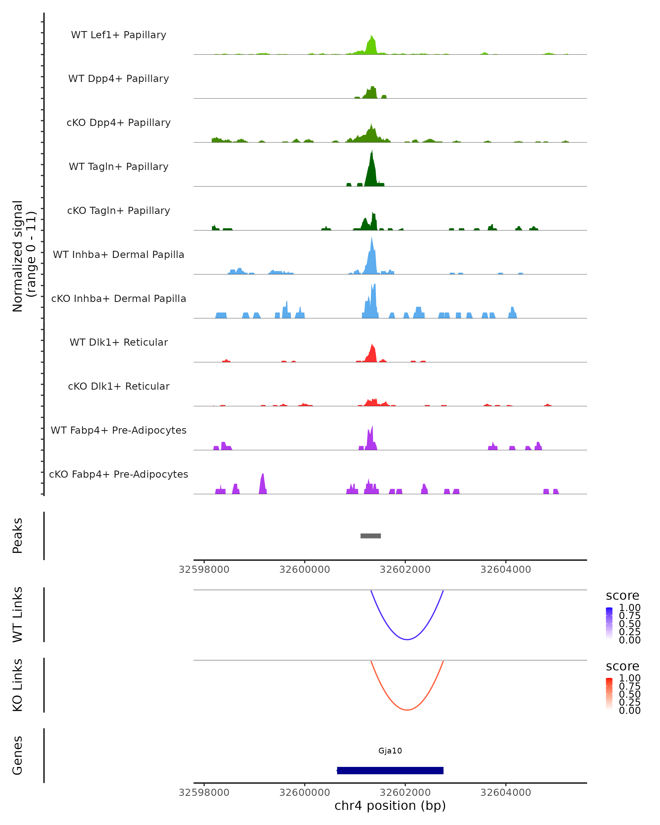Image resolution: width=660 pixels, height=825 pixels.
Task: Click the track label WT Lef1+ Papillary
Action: [x=119, y=35]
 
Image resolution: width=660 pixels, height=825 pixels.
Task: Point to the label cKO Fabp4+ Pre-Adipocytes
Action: [x=119, y=474]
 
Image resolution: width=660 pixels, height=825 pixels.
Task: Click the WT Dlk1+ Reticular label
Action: [x=119, y=342]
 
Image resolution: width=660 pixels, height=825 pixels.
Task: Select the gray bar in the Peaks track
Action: [x=370, y=536]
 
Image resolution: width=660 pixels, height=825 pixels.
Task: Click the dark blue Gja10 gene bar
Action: [x=390, y=770]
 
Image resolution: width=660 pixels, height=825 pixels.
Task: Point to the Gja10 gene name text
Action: [x=390, y=751]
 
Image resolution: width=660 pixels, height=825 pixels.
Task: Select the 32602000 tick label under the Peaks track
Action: [x=405, y=570]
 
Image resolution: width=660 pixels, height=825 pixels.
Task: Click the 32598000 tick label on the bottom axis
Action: [x=204, y=793]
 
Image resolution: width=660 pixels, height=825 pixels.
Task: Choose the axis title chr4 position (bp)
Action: [x=390, y=805]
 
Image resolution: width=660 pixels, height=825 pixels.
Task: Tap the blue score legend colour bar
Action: [x=609, y=623]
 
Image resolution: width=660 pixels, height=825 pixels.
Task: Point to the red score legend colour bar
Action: [x=609, y=694]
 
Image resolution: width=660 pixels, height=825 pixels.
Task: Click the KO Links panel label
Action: [x=18, y=685]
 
